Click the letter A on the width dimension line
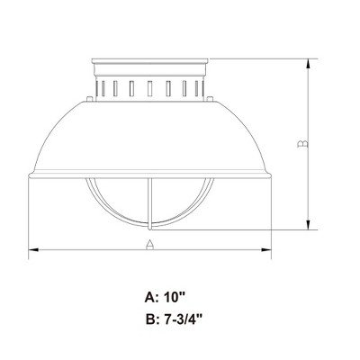[x=149, y=245]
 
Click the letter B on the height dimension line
[x=302, y=144]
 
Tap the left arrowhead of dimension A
[x=33, y=249]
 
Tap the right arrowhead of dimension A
[x=266, y=249]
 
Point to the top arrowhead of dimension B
[x=309, y=64]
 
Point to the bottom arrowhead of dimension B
[x=309, y=225]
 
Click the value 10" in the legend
[x=174, y=298]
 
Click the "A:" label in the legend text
[x=151, y=298]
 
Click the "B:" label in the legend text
[x=152, y=319]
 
